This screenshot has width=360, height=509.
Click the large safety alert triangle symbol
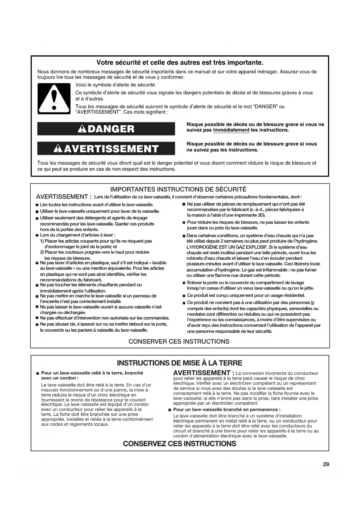click(x=54, y=99)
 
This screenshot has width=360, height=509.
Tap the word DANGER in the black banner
click(x=111, y=129)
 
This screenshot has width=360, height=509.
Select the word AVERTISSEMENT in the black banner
click(x=111, y=149)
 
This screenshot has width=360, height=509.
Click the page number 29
click(x=326, y=464)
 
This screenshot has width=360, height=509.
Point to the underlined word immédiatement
click(x=231, y=130)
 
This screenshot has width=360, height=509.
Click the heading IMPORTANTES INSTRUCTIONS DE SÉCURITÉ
click(x=178, y=189)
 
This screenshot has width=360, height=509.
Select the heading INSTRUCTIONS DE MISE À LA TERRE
click(x=180, y=363)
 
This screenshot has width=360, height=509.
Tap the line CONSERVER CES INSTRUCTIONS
click(x=179, y=342)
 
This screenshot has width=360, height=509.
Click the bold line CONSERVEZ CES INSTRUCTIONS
click(x=180, y=444)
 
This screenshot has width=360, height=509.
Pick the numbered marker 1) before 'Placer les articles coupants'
click(x=42, y=241)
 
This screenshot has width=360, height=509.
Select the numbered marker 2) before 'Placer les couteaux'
click(x=42, y=252)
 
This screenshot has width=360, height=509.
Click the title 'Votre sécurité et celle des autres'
click(x=180, y=62)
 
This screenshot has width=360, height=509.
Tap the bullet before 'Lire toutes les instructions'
click(x=37, y=205)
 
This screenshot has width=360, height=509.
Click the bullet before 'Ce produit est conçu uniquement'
click(x=184, y=296)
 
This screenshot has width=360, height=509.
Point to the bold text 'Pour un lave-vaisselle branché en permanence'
click(x=227, y=409)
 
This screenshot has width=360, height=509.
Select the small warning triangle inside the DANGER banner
click(x=82, y=129)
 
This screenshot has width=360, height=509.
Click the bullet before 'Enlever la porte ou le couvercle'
click(x=184, y=283)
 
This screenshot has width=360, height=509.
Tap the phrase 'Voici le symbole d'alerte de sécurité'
click(x=116, y=85)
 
